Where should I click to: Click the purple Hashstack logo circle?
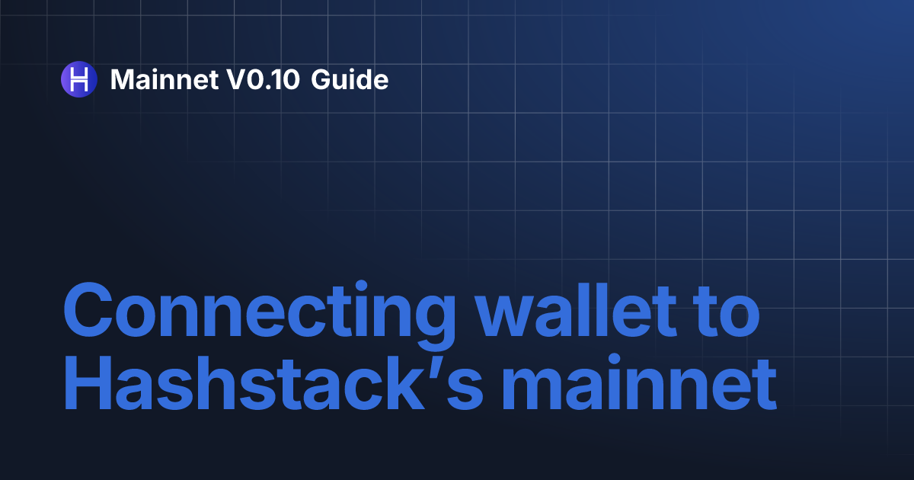point(78,78)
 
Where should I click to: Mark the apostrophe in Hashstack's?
point(429,369)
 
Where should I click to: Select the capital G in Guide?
point(321,78)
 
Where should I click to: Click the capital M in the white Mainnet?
point(123,78)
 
